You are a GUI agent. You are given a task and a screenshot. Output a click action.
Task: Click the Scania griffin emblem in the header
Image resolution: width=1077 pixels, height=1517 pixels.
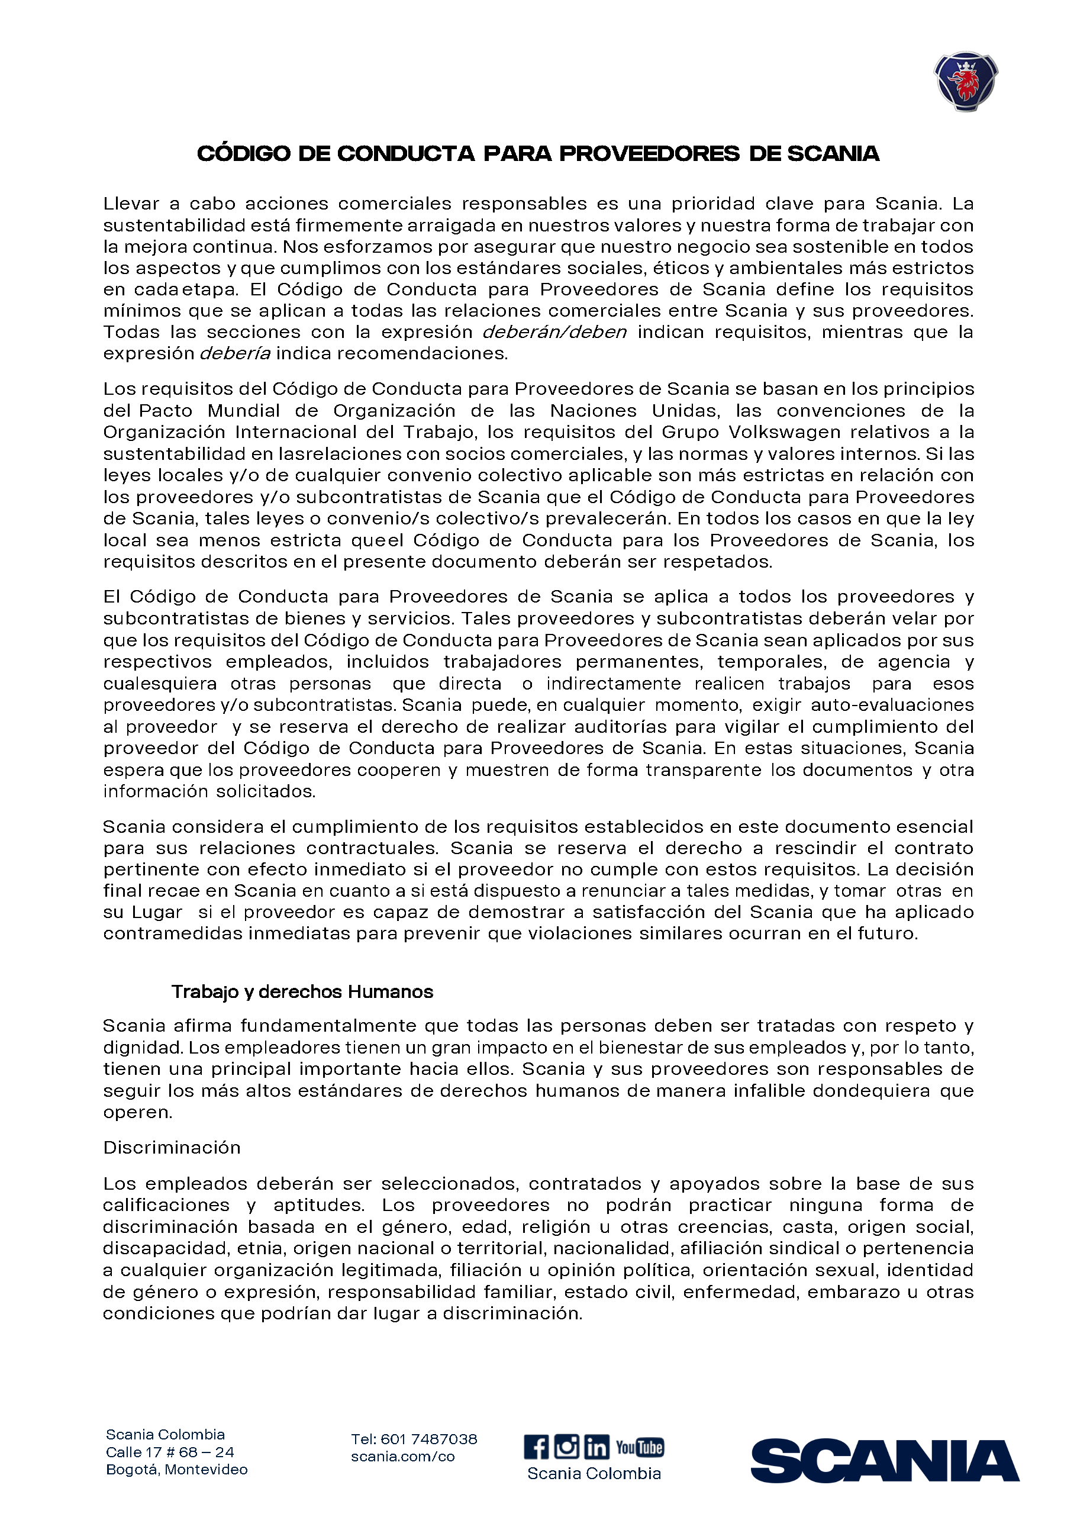coord(966,81)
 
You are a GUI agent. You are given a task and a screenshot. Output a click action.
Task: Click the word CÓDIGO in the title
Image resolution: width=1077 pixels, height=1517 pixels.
coord(244,154)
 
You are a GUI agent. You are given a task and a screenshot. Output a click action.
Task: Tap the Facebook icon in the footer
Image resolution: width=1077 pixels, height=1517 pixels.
coord(536,1447)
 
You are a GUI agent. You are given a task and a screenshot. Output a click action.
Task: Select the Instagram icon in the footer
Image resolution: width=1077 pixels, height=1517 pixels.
coord(566,1446)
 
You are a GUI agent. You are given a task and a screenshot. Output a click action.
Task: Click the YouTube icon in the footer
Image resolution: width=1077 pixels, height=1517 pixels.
coord(639,1447)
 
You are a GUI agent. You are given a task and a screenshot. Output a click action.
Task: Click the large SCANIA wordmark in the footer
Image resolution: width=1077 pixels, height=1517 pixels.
coord(884,1460)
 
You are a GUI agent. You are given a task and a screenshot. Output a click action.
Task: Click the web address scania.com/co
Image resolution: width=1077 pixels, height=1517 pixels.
coord(402,1457)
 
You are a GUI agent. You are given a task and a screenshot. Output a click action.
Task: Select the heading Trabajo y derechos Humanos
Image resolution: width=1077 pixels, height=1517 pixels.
coord(302,991)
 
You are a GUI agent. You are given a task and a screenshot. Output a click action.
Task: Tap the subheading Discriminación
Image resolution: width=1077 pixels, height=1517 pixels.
coord(172,1148)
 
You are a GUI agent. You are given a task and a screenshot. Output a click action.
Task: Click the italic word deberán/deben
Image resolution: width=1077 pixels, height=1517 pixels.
coord(554,331)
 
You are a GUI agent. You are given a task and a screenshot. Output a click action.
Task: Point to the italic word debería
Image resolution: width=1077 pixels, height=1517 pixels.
coord(235,353)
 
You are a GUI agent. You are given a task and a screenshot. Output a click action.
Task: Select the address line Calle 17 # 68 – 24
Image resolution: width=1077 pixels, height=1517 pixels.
coord(170,1452)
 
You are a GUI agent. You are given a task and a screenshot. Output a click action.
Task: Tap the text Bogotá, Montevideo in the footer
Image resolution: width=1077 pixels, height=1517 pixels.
coord(176,1470)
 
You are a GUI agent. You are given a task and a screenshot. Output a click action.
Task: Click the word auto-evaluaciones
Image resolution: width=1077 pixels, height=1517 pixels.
coord(892,704)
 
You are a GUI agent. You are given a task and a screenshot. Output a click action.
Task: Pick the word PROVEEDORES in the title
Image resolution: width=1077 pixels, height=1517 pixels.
coord(649,154)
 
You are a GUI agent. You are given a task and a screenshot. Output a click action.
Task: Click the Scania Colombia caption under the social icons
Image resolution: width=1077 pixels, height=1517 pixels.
coord(594,1473)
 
